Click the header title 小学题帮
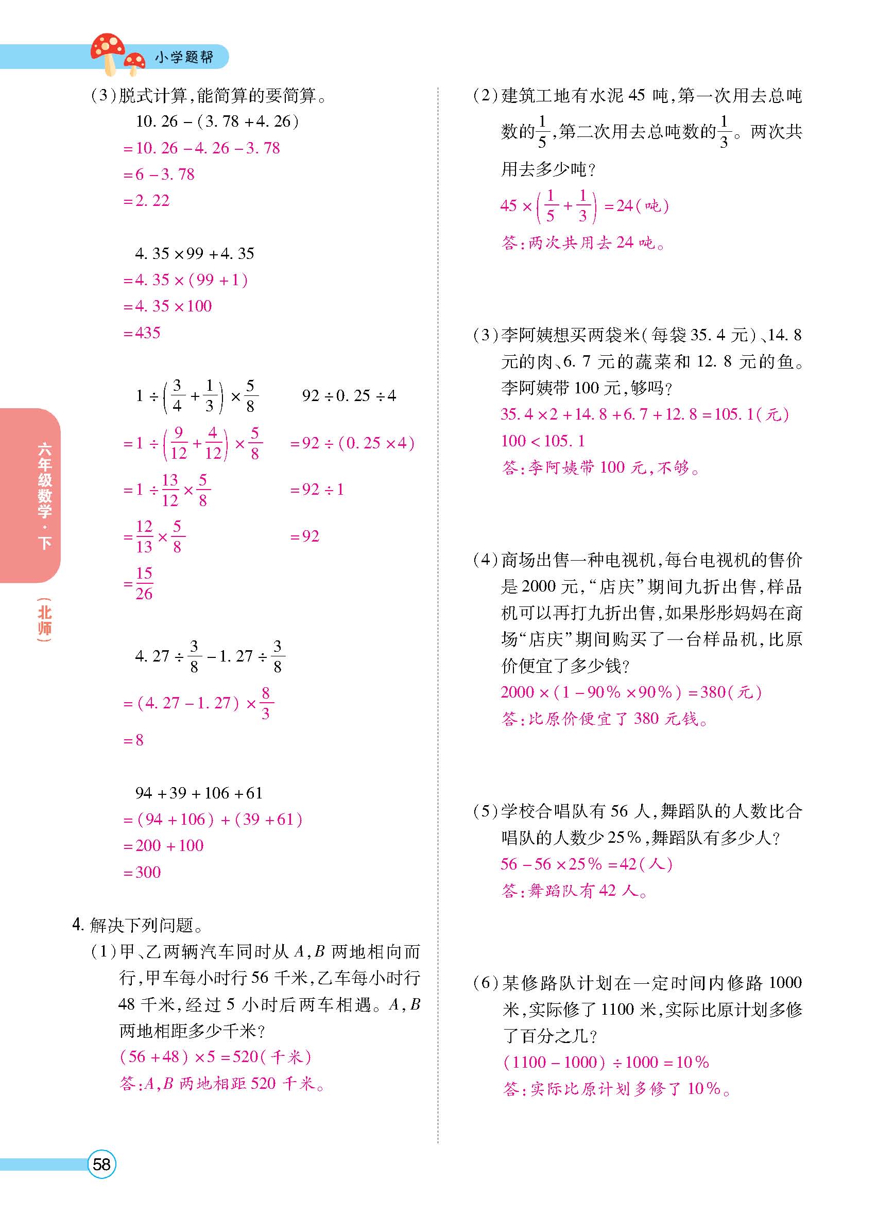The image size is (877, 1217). (184, 57)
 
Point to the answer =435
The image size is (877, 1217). (142, 333)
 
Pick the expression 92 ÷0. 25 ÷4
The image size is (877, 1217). (349, 396)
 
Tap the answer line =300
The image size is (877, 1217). (142, 872)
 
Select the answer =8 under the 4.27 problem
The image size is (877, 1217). (134, 740)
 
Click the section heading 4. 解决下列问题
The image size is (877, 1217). (137, 925)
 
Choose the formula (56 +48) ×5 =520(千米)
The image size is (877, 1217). (215, 1056)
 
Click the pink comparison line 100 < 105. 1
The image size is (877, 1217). (543, 441)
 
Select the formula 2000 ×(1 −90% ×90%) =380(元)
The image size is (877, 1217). (631, 692)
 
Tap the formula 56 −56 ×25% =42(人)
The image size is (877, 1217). (586, 864)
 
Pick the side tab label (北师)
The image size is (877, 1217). (45, 620)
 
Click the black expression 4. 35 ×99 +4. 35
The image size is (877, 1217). (195, 253)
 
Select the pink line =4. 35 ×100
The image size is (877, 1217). (167, 306)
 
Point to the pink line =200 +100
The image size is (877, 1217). (164, 846)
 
